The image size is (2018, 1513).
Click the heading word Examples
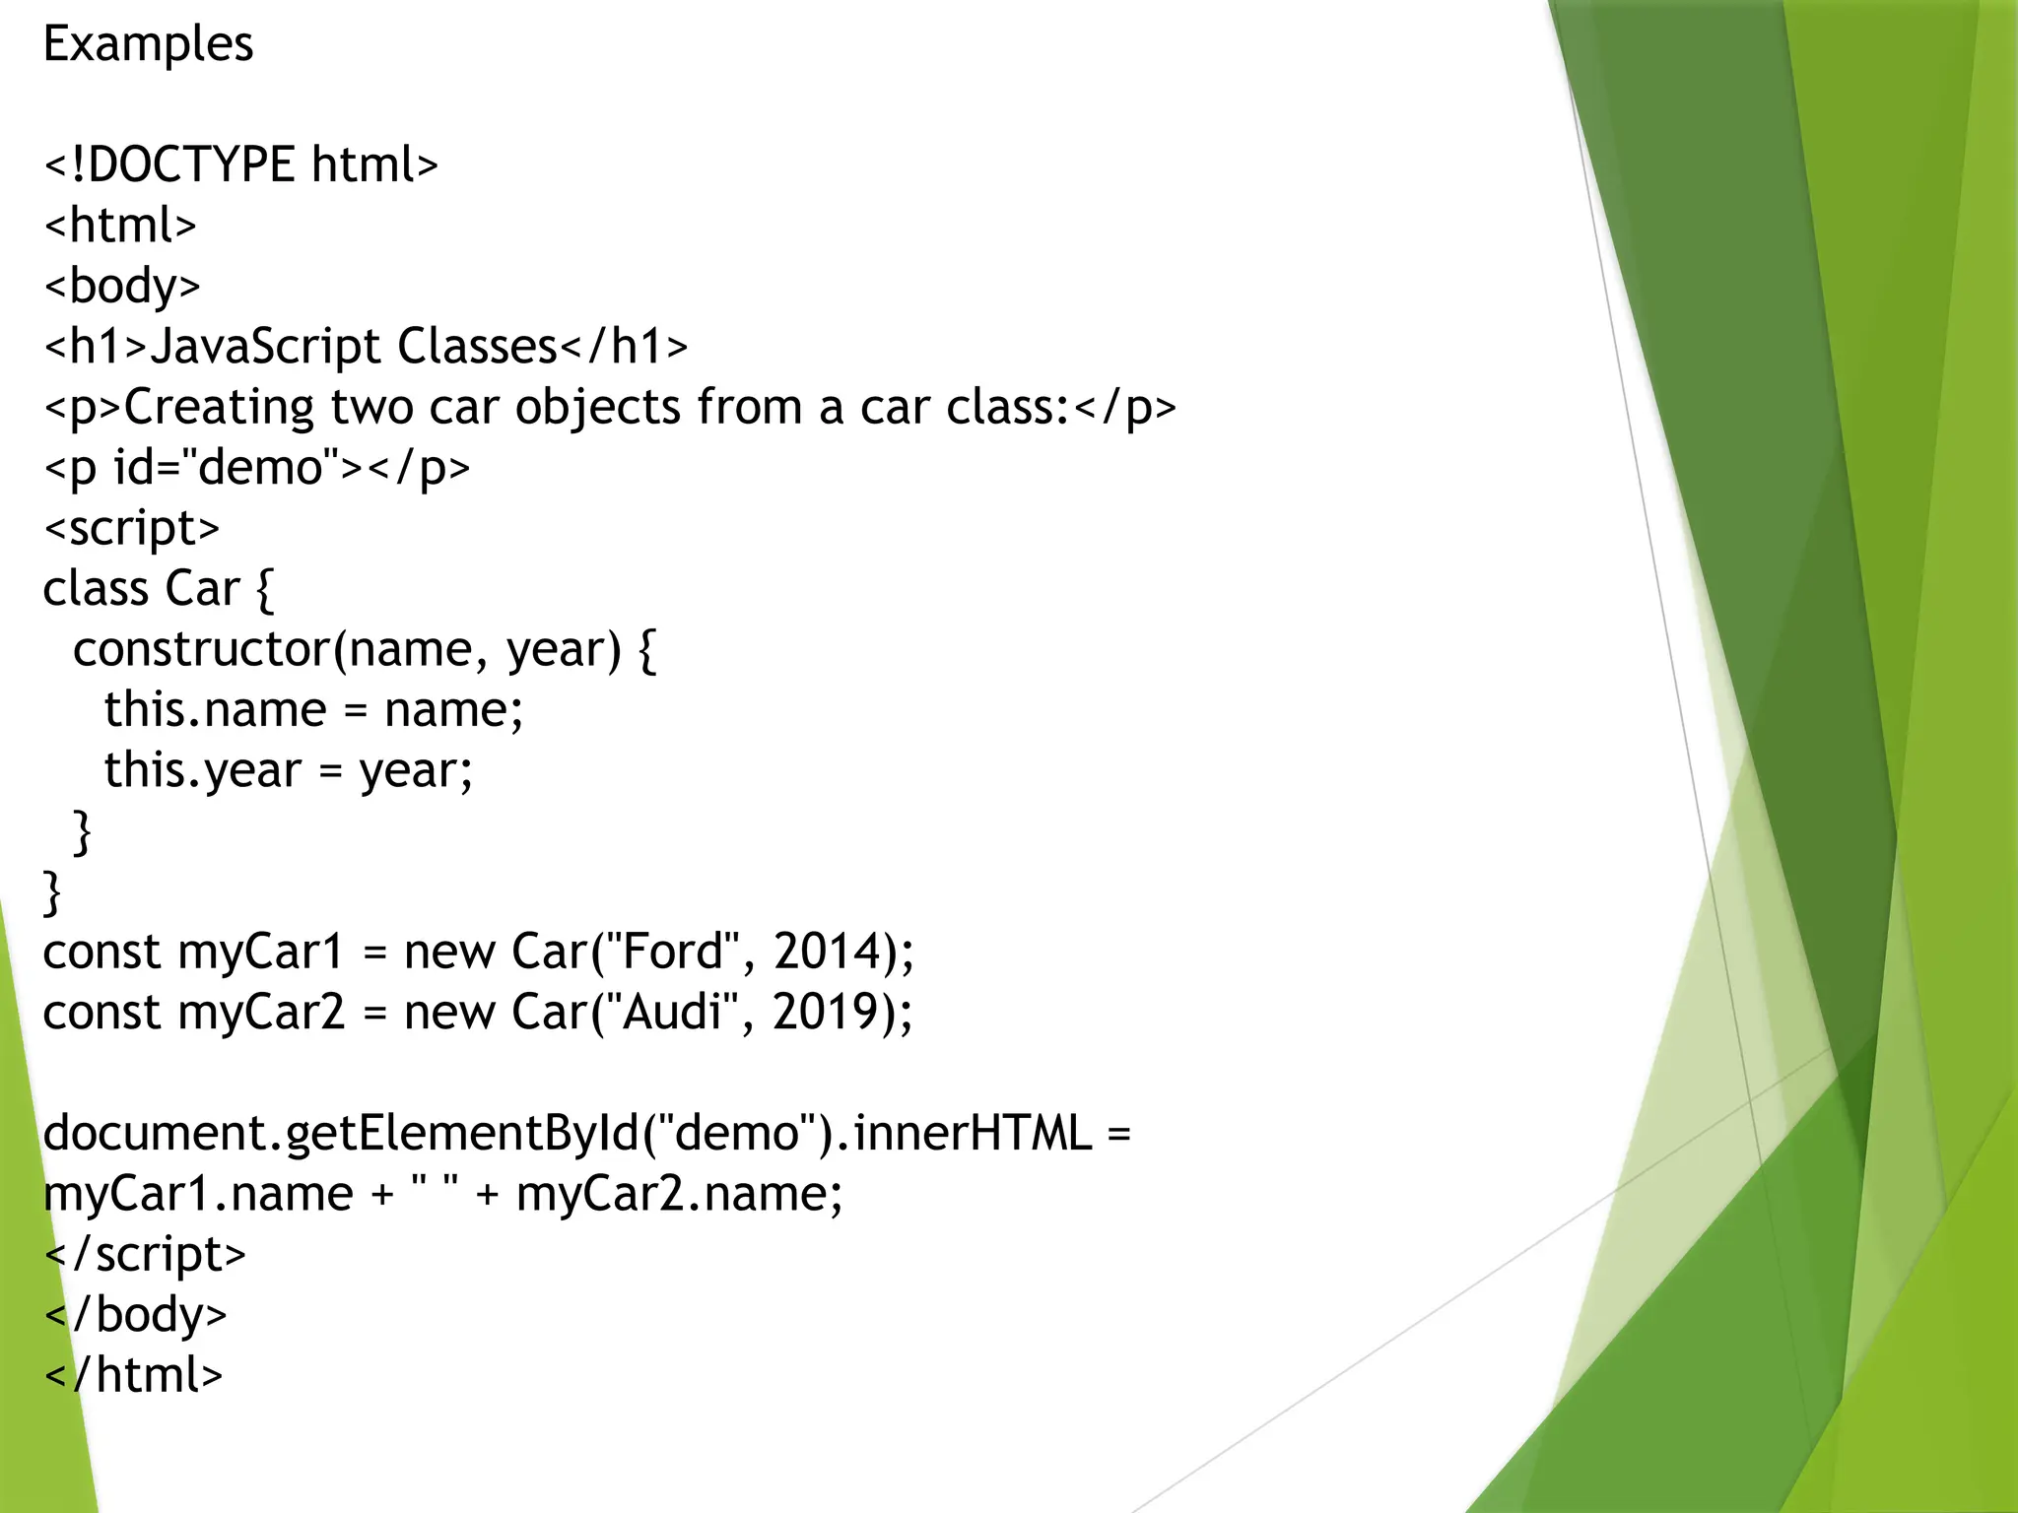(x=148, y=44)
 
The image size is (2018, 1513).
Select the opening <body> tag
(x=122, y=286)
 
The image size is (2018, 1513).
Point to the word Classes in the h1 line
(x=478, y=347)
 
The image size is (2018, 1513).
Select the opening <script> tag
(x=132, y=528)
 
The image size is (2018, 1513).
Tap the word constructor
(x=202, y=649)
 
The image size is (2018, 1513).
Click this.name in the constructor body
(x=215, y=710)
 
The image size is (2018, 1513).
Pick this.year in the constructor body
(x=202, y=770)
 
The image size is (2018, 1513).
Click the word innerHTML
(x=973, y=1133)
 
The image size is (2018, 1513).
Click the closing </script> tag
(x=145, y=1254)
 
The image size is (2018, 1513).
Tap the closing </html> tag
(x=134, y=1375)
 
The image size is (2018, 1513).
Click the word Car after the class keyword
(x=202, y=589)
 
